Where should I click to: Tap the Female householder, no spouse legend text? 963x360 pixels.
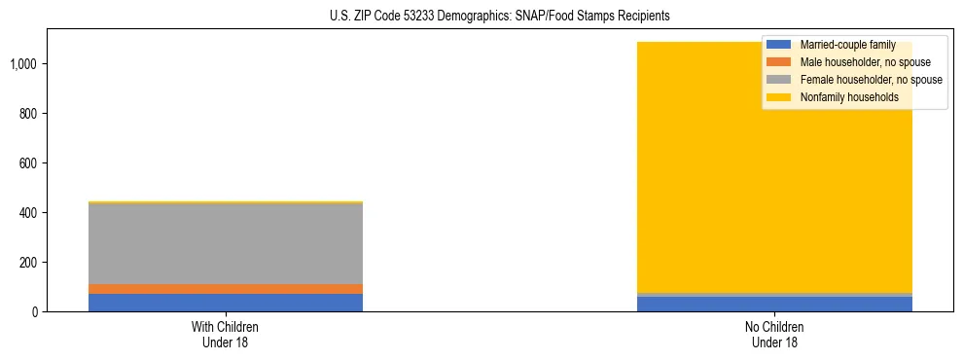[871, 80]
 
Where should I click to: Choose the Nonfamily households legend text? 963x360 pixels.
[849, 97]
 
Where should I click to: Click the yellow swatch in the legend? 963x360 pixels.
[779, 97]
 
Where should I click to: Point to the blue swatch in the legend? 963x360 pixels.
[779, 45]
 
